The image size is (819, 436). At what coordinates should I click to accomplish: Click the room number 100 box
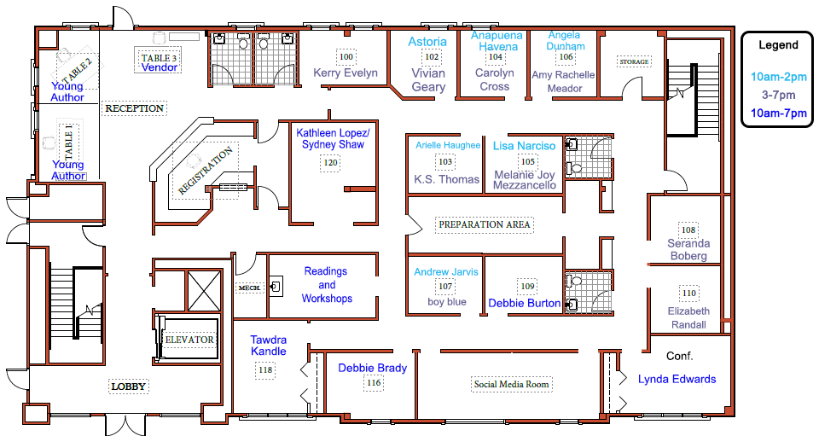tap(346, 57)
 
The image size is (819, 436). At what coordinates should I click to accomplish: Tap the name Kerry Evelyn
tap(346, 73)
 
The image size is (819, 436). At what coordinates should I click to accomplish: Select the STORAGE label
tap(634, 61)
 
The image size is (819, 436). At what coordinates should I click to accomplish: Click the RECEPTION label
tap(134, 108)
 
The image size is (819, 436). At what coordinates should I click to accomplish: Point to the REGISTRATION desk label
tap(205, 171)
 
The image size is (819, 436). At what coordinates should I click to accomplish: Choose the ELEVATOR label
tap(189, 340)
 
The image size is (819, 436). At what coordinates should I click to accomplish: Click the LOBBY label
tap(129, 387)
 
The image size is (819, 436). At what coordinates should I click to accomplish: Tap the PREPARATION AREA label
tap(485, 224)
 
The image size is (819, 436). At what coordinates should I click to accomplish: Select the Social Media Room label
tap(511, 384)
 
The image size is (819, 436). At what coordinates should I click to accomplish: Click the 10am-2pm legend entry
tap(778, 78)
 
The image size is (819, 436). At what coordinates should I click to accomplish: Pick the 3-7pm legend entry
tap(778, 95)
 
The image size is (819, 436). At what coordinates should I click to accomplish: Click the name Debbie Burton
tap(525, 304)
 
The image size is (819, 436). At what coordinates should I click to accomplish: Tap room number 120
tap(331, 162)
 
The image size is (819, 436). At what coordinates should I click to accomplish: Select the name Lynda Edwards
tap(677, 380)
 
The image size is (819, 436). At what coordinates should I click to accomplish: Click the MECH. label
tap(250, 288)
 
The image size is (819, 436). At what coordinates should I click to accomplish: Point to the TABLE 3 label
tap(159, 58)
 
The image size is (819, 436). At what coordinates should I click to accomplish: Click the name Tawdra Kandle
tap(269, 346)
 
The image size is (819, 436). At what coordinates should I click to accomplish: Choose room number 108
tap(688, 230)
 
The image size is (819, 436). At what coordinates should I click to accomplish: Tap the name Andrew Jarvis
tap(446, 271)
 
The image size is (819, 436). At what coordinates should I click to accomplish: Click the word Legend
tap(778, 45)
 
